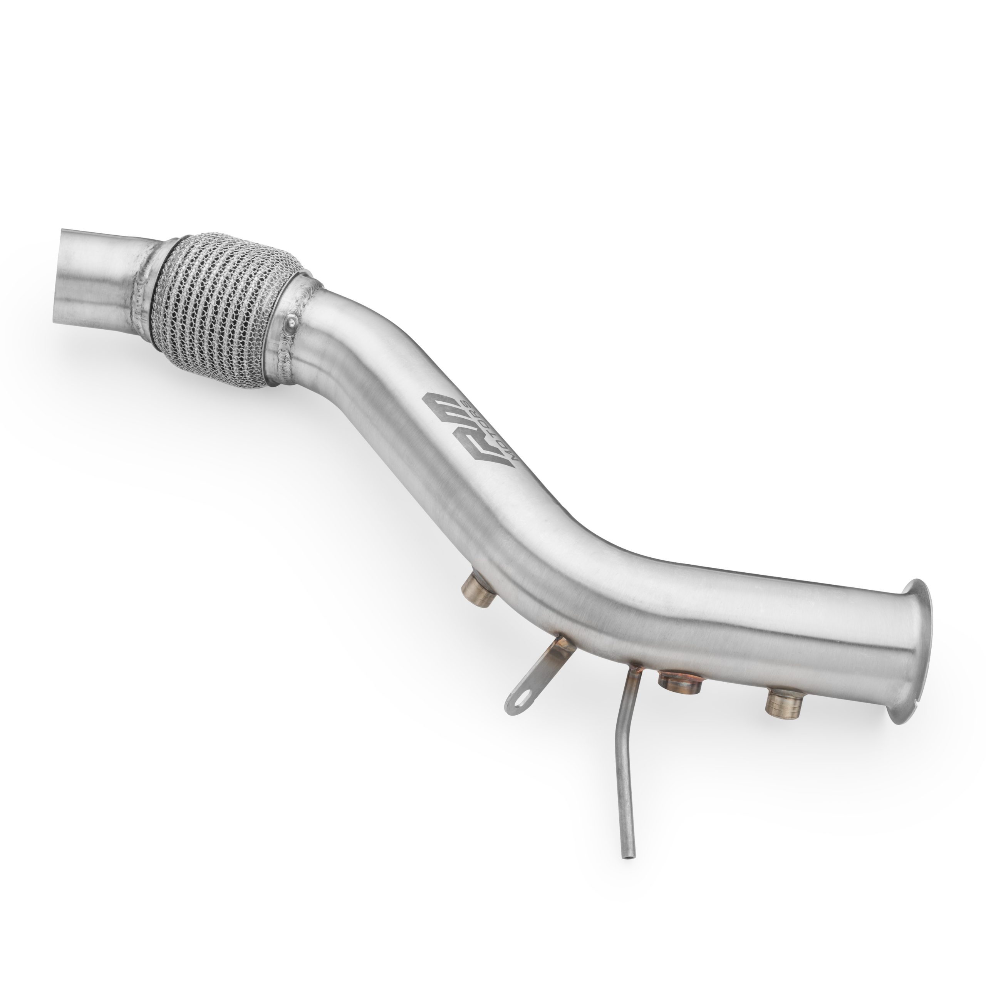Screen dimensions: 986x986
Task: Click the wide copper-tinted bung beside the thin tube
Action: [680, 682]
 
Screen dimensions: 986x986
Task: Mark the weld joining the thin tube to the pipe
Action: [633, 667]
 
